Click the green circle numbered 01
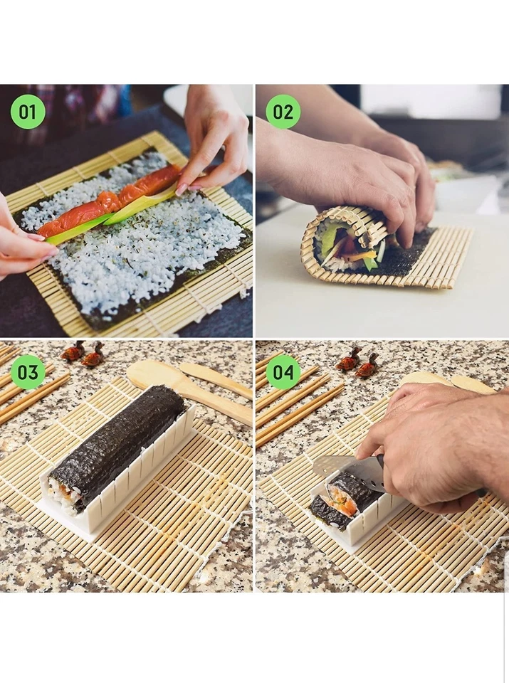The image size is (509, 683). point(28,112)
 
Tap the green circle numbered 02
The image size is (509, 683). point(283,112)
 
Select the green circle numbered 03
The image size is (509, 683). point(28,372)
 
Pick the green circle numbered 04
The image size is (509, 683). point(283,372)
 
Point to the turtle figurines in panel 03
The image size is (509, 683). point(83,354)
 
